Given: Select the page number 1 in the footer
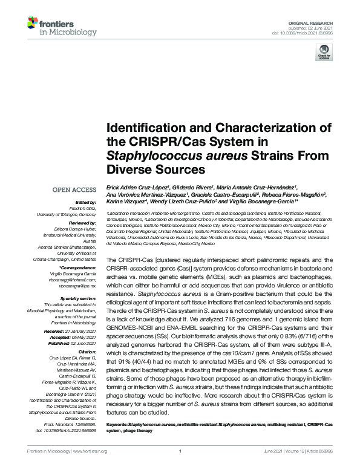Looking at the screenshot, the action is [180, 451].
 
